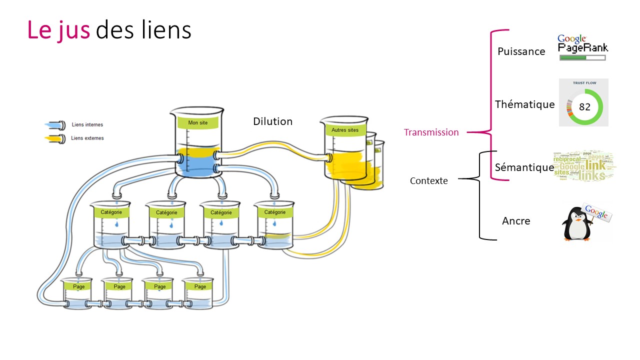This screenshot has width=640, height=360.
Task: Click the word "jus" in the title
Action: point(73,30)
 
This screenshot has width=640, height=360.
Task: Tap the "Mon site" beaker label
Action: point(197,122)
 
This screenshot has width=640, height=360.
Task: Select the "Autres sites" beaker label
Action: point(345,130)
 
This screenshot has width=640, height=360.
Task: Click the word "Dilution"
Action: point(272,121)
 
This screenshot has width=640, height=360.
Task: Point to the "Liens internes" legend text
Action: point(87,124)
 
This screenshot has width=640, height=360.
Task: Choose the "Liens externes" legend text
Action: point(87,138)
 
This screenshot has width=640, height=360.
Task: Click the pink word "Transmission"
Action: point(431,132)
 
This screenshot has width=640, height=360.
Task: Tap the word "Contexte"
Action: point(428,181)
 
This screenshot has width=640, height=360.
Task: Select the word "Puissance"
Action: point(521,51)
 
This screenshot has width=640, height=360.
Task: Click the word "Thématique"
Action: point(524,104)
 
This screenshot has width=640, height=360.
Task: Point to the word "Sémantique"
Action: point(524,167)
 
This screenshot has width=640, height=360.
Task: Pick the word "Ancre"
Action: point(516,221)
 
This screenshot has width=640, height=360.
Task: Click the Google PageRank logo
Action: point(582,44)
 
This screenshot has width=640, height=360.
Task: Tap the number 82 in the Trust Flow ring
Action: point(584,107)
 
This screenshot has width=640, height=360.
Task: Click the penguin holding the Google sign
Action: point(580,222)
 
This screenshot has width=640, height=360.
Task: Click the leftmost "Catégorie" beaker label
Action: point(111,212)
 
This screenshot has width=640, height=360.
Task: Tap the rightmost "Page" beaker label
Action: point(200,286)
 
